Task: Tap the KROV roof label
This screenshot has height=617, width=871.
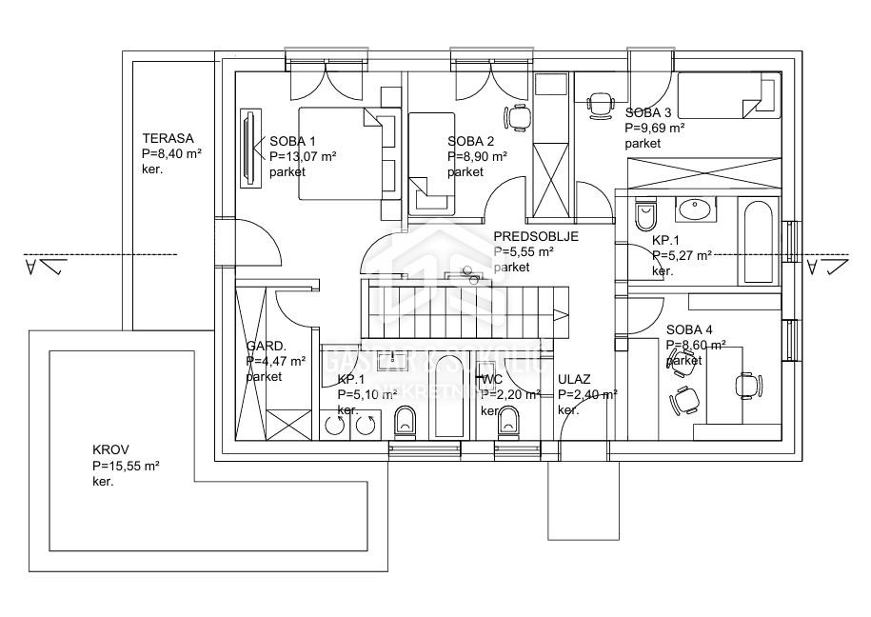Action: [x=110, y=450]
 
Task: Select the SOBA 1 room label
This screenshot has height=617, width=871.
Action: [x=292, y=140]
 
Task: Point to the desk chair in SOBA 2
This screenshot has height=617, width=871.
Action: [x=518, y=117]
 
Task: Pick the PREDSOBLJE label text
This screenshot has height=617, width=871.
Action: [x=536, y=237]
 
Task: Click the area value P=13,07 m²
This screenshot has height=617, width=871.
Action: [x=303, y=156]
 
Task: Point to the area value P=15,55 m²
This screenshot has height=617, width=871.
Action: [x=126, y=466]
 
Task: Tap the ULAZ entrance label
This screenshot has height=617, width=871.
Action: [x=574, y=379]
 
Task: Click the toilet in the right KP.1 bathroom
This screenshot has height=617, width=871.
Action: [x=645, y=209]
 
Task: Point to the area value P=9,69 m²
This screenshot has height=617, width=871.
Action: [x=655, y=127]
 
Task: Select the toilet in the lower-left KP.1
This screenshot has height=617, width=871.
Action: [x=404, y=419]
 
